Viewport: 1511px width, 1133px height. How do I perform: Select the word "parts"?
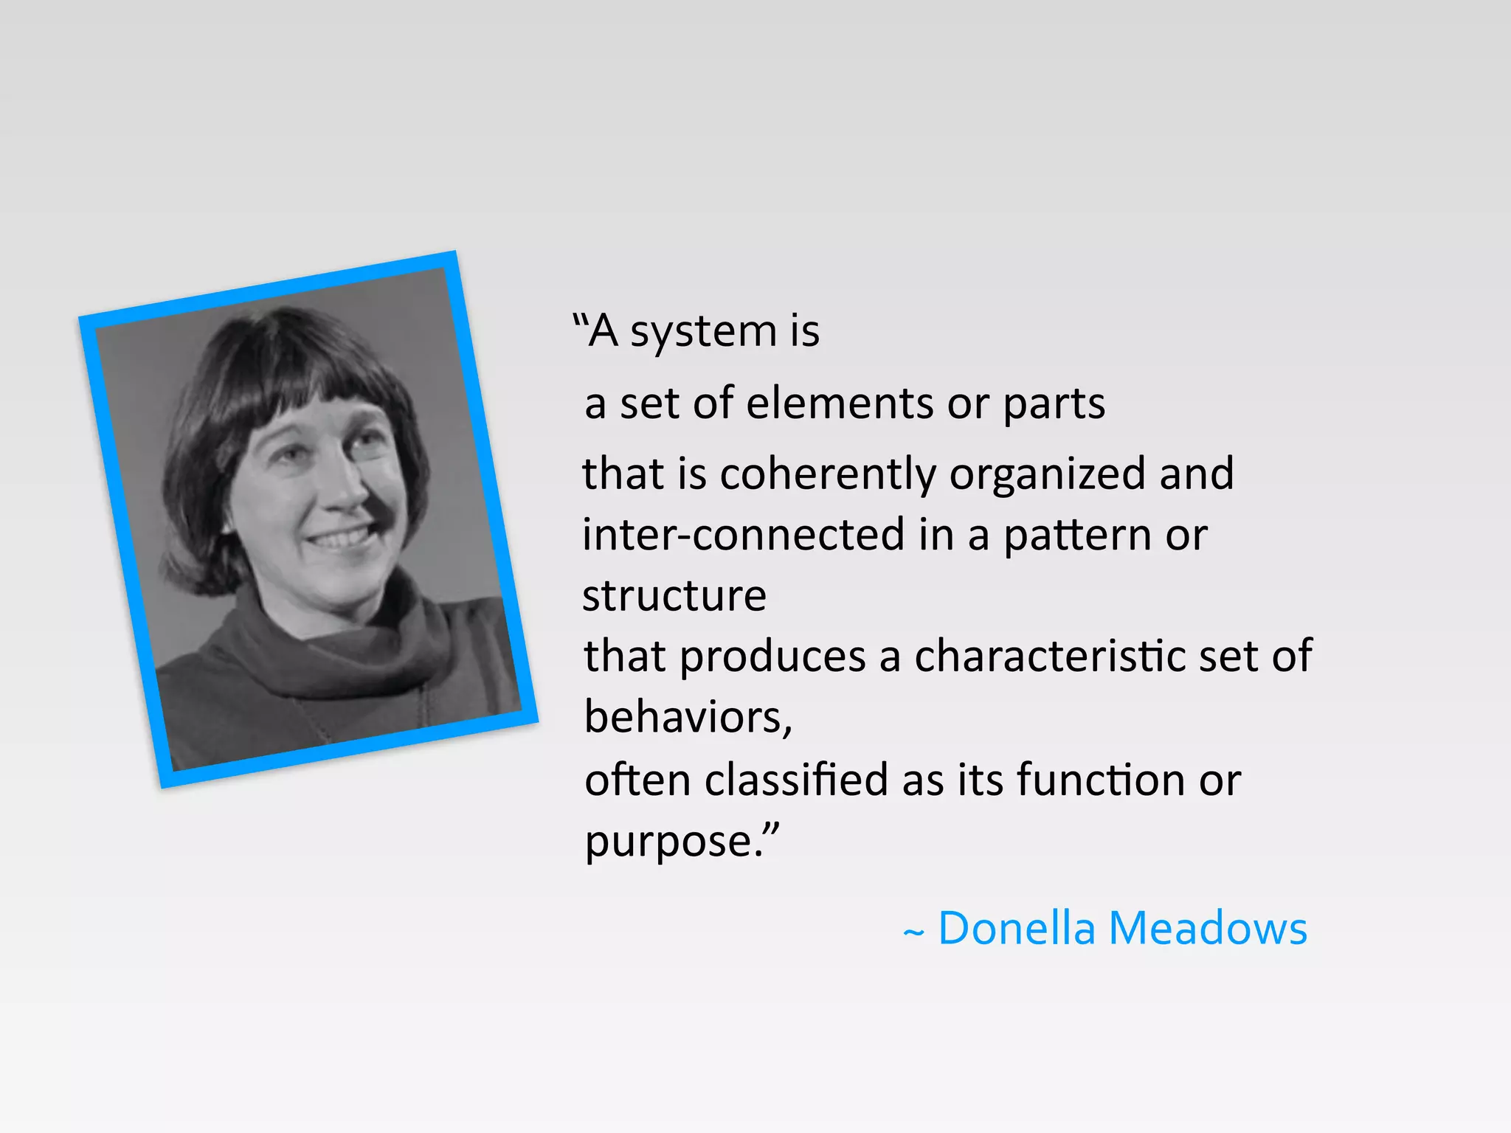coord(1054,405)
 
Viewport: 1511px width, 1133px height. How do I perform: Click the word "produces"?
coord(772,657)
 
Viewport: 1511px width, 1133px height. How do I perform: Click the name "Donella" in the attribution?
coord(1017,928)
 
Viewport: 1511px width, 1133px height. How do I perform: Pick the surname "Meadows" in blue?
coord(1208,928)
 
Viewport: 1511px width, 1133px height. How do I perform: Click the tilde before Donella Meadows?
coord(913,933)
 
